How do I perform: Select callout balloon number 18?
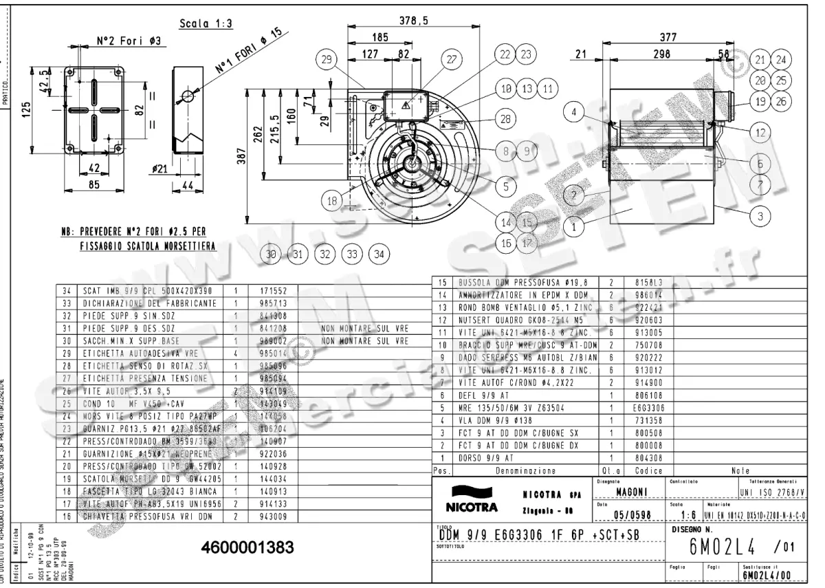click(x=333, y=201)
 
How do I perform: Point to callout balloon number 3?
click(x=760, y=216)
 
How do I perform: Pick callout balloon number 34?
click(x=379, y=254)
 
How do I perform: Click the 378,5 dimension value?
click(x=414, y=22)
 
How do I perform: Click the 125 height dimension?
click(x=25, y=109)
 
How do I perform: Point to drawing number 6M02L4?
click(x=722, y=547)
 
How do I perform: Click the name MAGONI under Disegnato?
click(x=630, y=490)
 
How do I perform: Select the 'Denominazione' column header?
click(x=526, y=472)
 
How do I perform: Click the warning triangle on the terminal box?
click(x=406, y=105)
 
